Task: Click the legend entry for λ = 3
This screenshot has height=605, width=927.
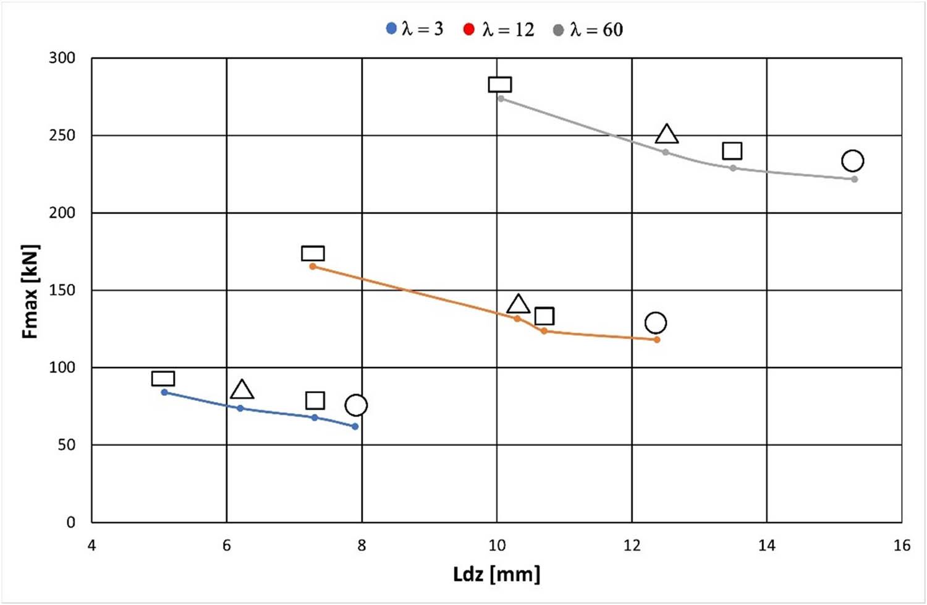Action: coord(415,29)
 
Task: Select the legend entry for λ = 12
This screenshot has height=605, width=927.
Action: coord(499,29)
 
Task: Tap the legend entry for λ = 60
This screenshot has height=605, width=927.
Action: coord(588,29)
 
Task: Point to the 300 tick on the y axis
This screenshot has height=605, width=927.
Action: coord(62,58)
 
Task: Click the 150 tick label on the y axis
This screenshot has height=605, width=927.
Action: coord(62,290)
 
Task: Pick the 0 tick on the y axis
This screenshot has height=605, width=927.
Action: coord(70,522)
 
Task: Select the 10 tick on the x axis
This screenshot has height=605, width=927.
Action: coord(497,545)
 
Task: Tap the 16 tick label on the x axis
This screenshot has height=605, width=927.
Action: coord(902,545)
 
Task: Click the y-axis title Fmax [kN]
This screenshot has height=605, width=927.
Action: coord(30,291)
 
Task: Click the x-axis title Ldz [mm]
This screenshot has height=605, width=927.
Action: coord(496,574)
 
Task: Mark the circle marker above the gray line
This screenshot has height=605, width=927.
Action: coord(852,161)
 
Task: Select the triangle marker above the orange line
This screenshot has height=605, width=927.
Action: coord(518,304)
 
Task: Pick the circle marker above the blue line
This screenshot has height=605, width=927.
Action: coord(356,405)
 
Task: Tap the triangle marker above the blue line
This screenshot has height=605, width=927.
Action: coord(242,390)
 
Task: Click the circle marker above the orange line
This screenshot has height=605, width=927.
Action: coord(655,322)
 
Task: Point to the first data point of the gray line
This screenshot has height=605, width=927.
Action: coord(501,98)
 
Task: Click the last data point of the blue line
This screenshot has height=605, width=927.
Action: coord(355,426)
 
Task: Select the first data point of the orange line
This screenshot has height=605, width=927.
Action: coord(313,267)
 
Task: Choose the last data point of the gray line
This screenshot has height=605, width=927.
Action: coord(855,179)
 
